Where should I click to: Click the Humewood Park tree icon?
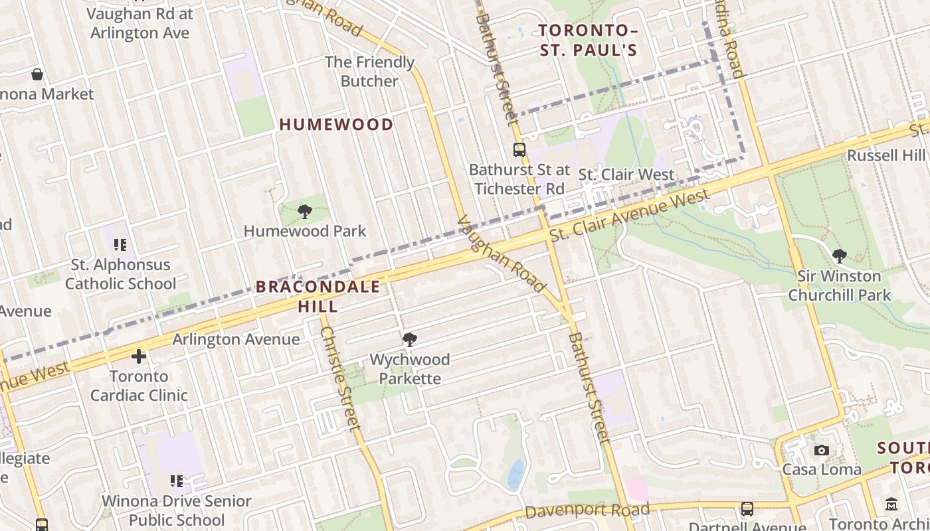click(x=305, y=212)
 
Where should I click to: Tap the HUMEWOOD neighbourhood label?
click(x=336, y=124)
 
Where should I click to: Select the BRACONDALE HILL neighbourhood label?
click(x=318, y=296)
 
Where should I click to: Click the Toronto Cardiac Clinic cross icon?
click(x=138, y=357)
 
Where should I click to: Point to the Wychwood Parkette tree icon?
click(x=410, y=340)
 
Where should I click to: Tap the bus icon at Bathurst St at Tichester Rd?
click(x=519, y=150)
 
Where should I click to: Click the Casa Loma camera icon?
click(x=822, y=450)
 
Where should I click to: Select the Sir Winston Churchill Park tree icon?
click(x=840, y=256)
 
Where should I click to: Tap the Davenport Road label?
click(x=587, y=510)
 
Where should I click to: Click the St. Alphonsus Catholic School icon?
click(x=120, y=245)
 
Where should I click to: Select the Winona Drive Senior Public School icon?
click(x=176, y=481)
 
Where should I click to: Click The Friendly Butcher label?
click(x=369, y=72)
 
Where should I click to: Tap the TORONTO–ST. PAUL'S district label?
click(x=588, y=40)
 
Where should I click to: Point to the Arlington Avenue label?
click(x=236, y=339)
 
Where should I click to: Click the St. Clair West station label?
click(x=626, y=175)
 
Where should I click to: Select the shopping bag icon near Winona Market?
click(x=38, y=74)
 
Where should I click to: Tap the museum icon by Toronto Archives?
click(x=891, y=504)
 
